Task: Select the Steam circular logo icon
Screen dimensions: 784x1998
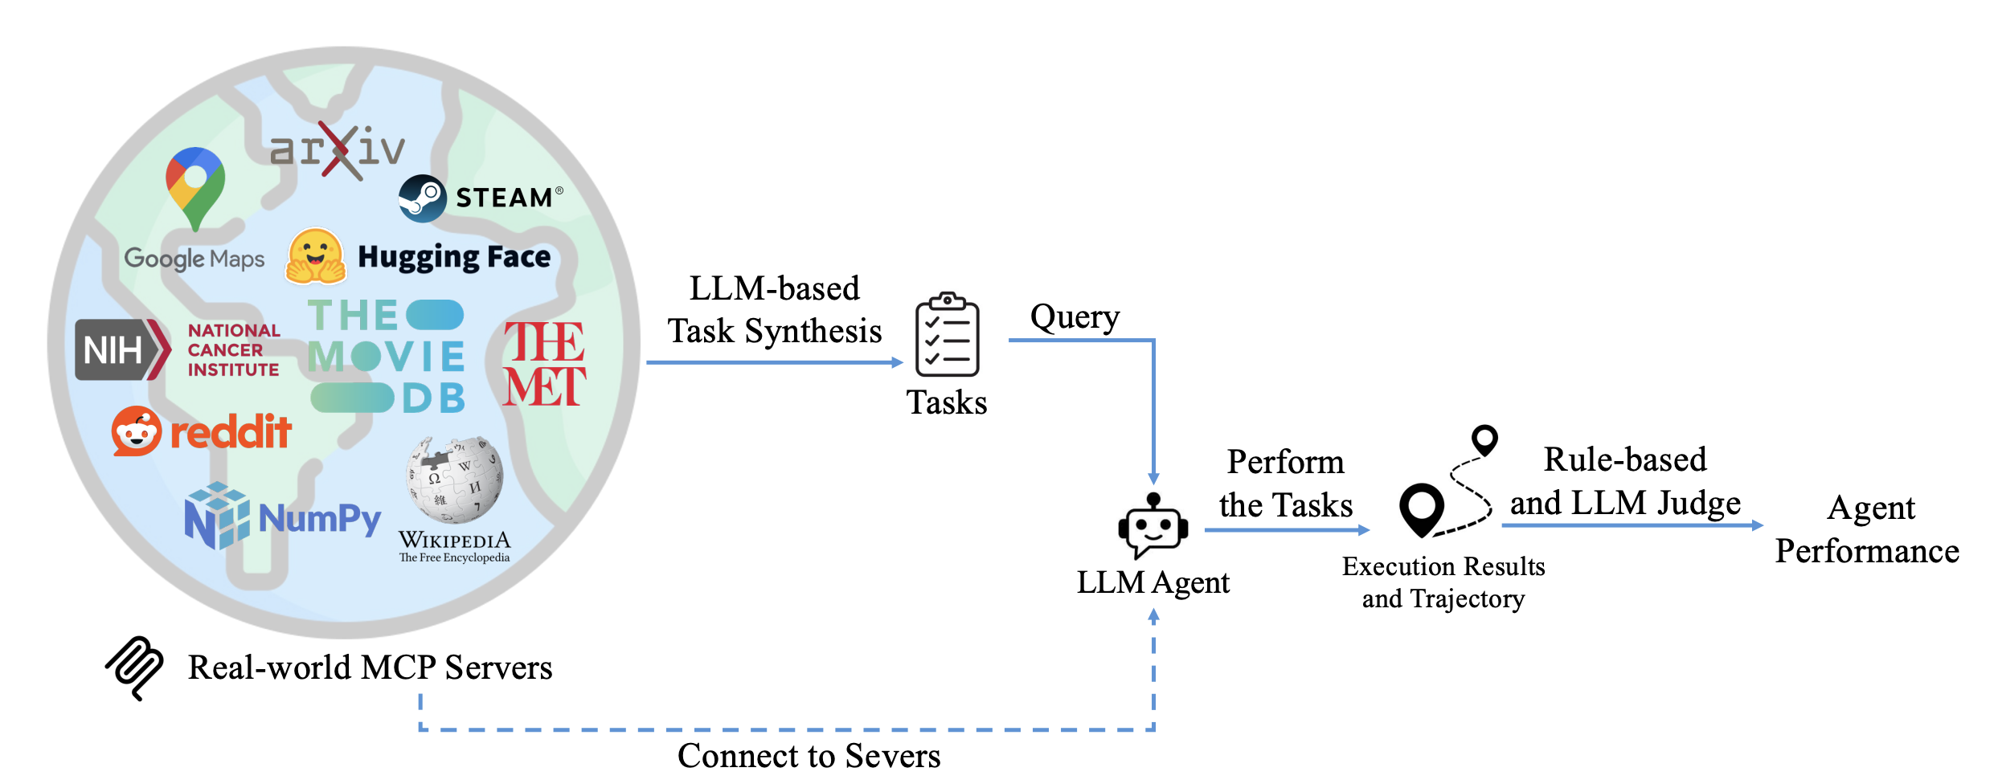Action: tap(422, 198)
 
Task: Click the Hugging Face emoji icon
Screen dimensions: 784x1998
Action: tap(316, 257)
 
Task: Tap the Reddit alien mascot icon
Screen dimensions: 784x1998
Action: tap(136, 431)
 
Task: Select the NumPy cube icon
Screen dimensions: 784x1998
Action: tap(216, 516)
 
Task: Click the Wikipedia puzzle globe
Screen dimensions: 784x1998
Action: tap(455, 480)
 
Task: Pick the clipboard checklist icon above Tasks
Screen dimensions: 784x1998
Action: tap(948, 335)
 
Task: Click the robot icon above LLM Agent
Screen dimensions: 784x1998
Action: tap(1153, 526)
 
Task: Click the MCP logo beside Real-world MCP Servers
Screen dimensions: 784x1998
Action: tap(135, 668)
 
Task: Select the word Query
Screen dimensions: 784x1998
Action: tap(1075, 317)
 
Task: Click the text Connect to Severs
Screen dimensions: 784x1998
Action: tap(809, 756)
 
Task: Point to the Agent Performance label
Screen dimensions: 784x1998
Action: tap(1867, 529)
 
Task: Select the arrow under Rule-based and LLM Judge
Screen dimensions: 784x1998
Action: tap(1632, 525)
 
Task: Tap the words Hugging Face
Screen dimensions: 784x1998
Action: tap(454, 257)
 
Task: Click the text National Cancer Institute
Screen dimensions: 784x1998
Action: tap(233, 350)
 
